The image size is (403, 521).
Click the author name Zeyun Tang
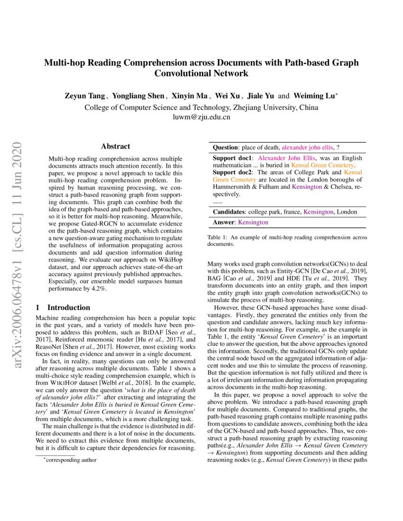(85, 96)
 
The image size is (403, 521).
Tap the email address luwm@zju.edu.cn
(201, 117)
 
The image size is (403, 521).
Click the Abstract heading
(115, 147)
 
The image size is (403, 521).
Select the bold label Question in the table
(225, 148)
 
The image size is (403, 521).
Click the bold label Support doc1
(232, 158)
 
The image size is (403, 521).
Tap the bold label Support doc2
(232, 172)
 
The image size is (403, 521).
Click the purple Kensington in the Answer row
(253, 222)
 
